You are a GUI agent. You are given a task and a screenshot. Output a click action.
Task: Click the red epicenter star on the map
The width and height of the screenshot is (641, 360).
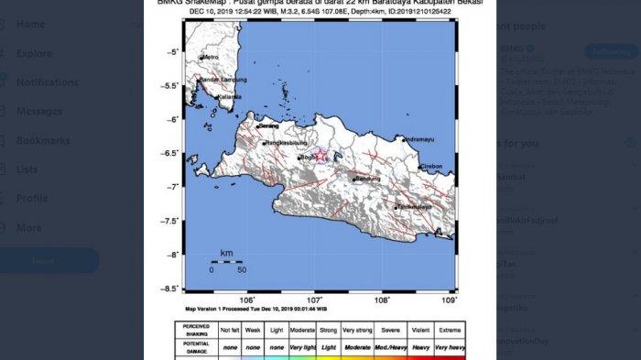click(320, 155)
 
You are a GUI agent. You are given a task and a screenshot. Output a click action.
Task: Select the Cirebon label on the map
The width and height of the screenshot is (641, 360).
click(432, 168)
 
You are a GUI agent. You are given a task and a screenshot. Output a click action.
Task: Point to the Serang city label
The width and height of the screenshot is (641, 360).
click(268, 125)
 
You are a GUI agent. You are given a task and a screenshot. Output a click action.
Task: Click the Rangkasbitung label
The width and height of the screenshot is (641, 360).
click(285, 144)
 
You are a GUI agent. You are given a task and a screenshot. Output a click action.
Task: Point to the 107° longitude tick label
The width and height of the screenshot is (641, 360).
click(315, 300)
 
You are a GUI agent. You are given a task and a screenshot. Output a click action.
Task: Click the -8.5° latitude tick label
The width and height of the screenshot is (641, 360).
click(168, 289)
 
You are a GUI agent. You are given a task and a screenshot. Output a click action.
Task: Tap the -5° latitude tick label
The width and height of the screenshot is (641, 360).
click(170, 52)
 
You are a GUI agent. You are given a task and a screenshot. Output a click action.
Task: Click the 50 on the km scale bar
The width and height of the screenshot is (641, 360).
click(242, 270)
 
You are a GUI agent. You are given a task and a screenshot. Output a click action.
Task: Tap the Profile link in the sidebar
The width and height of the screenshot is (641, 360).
click(32, 198)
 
